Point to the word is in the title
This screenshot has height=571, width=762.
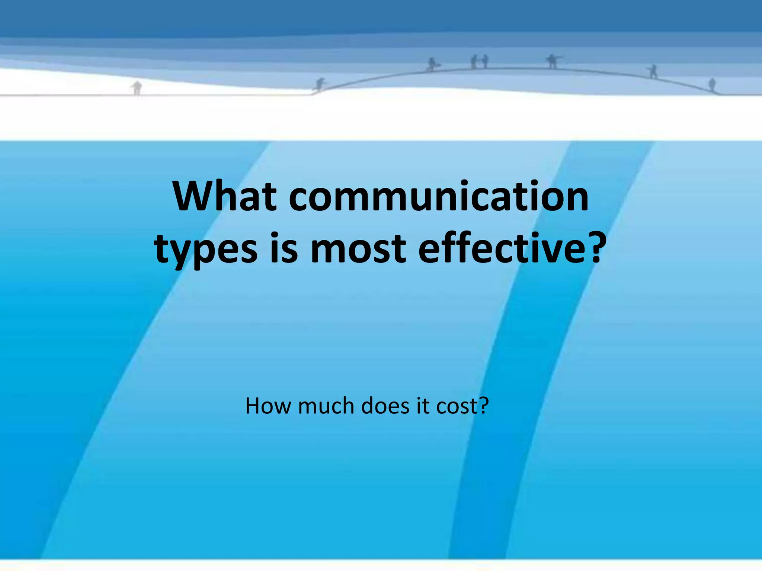point(284,248)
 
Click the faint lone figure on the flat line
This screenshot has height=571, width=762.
point(137,88)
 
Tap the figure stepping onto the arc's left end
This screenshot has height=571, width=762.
point(320,84)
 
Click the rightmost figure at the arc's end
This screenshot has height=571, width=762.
point(712,84)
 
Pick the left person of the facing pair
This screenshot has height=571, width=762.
point(474,62)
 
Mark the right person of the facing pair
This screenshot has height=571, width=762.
point(485,61)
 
